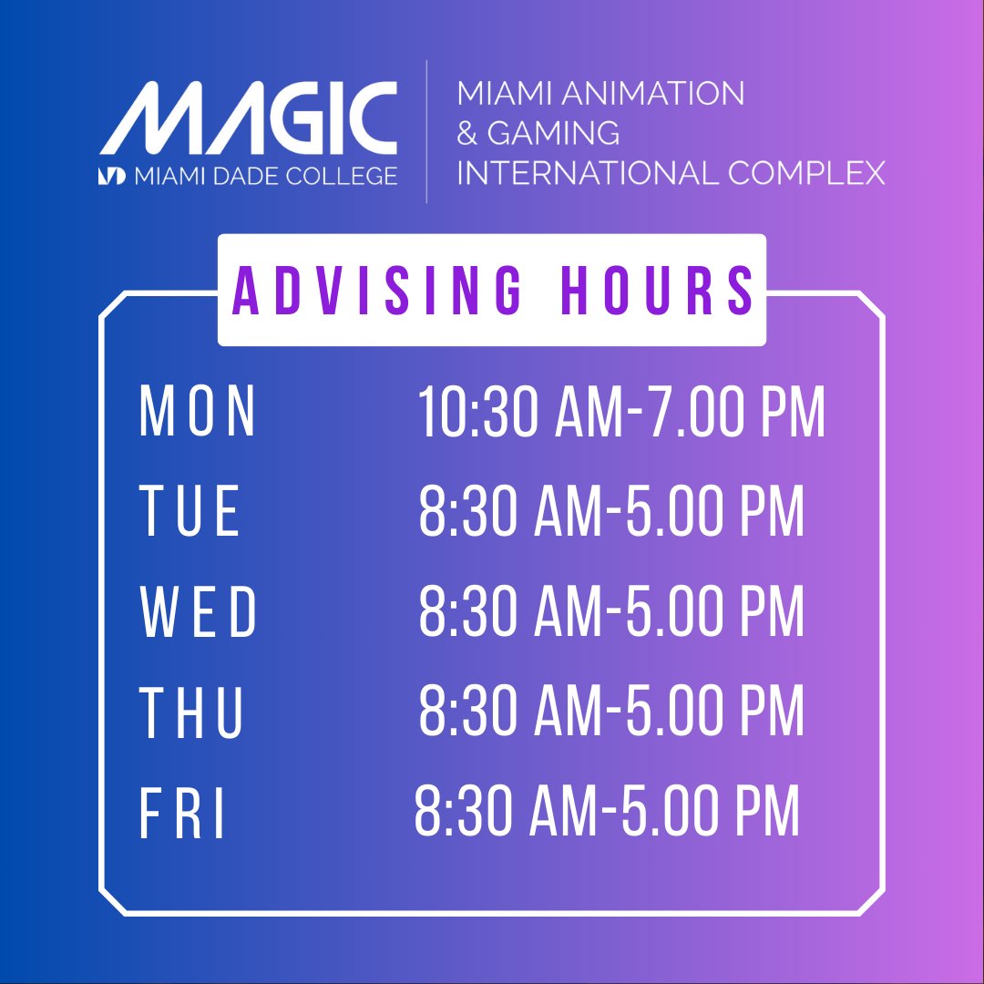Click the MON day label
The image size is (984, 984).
198,413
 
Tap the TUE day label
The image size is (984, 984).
190,511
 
